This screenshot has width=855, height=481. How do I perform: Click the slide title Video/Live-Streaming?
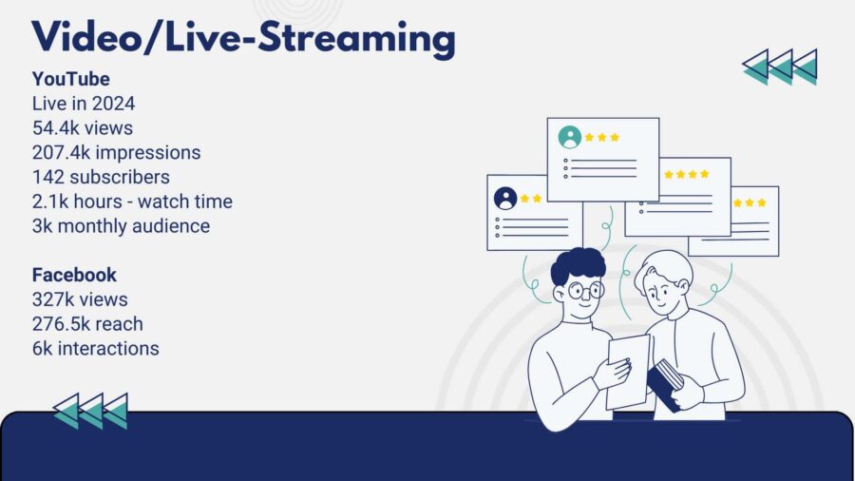243,38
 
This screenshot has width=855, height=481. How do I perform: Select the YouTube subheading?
71,79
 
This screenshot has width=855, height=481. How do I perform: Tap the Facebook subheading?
74,275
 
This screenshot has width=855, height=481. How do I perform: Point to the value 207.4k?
61,153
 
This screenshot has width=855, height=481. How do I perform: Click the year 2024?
113,104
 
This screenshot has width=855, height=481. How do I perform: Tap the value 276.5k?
60,324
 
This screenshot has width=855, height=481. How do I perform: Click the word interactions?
108,349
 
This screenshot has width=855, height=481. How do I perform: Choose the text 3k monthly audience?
121,226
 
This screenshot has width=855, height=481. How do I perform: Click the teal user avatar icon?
570,138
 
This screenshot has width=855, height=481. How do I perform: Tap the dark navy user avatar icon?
505,199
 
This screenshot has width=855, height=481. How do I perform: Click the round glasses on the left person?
585,290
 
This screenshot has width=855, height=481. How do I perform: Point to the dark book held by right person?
665,384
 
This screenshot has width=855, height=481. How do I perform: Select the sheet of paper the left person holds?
628,373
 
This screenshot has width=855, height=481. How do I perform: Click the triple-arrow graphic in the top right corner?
780,67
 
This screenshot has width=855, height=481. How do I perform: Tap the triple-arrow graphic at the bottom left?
90,412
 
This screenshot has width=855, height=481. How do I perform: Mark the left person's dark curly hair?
579,264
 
